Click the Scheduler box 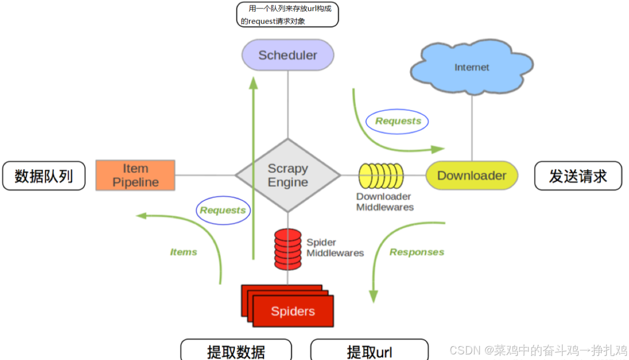[x=288, y=55]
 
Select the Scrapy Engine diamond [x=288, y=175]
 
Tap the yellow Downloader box [x=472, y=175]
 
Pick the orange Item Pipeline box [x=136, y=175]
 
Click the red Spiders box [x=293, y=311]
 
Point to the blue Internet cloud [x=472, y=67]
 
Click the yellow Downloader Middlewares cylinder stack [x=381, y=175]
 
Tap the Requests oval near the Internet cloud [x=398, y=121]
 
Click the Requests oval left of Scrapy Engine [x=223, y=210]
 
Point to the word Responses [x=417, y=252]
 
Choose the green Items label [x=184, y=252]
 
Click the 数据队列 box [x=44, y=176]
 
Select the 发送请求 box [x=578, y=176]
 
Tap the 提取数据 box [x=236, y=351]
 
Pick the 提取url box [x=369, y=351]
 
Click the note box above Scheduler [x=287, y=15]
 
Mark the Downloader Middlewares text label [x=385, y=202]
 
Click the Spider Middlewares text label [x=335, y=248]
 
